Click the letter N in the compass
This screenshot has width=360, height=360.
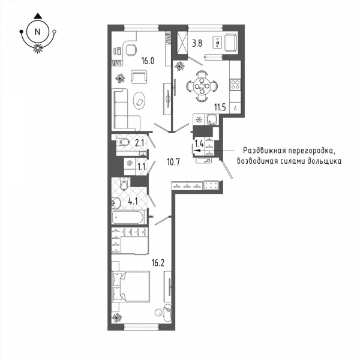point(37,32)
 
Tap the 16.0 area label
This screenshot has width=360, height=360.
point(148,61)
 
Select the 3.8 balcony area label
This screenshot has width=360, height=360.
point(197,43)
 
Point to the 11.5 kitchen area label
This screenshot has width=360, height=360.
point(220,107)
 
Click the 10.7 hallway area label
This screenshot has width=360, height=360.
point(173,162)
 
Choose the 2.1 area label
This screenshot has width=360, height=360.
point(139,143)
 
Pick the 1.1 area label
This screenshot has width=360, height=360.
point(141,166)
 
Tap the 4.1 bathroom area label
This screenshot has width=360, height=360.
point(133,202)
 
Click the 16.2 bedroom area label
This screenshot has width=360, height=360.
point(158,263)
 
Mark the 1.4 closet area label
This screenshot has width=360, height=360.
point(199,144)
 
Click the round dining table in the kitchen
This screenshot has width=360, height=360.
point(202,86)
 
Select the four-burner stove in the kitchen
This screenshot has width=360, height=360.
point(235,84)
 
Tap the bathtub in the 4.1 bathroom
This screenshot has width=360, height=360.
point(128,217)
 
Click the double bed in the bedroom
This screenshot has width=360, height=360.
point(131,286)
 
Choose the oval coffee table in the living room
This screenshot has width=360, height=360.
point(139,101)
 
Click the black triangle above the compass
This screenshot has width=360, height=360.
point(37,16)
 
